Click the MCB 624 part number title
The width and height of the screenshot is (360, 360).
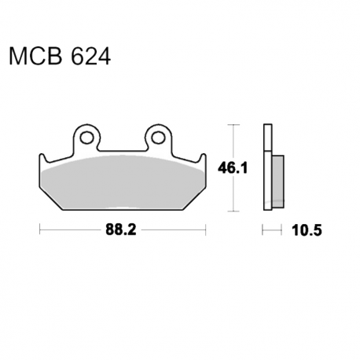tap(60, 57)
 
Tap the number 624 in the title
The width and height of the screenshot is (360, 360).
tap(90, 57)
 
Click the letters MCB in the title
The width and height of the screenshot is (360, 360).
tap(35, 57)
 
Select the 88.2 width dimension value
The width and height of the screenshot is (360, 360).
tap(121, 230)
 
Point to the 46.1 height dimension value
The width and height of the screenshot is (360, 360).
tap(233, 167)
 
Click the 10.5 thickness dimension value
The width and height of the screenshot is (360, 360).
tap(307, 230)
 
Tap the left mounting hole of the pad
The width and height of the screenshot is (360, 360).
tap(86, 138)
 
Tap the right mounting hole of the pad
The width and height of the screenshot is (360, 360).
tap(158, 138)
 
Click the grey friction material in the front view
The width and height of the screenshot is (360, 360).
tap(123, 182)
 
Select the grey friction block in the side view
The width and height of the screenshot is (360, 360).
tap(278, 182)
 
